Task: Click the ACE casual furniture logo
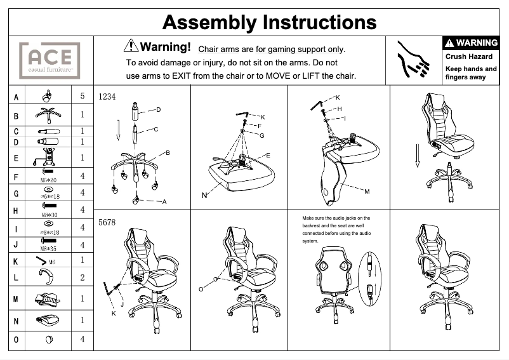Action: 50,60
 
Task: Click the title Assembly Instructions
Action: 269,22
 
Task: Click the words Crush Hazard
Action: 468,57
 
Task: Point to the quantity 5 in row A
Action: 83,97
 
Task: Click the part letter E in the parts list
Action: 17,158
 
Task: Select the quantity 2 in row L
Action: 83,277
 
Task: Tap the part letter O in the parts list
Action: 17,340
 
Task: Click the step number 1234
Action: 107,97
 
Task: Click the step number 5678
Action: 107,223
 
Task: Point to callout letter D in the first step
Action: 159,110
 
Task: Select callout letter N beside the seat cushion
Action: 204,195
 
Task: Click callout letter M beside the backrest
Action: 367,191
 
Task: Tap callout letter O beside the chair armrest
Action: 201,289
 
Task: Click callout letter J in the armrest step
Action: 121,304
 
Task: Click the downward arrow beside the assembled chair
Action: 417,156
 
